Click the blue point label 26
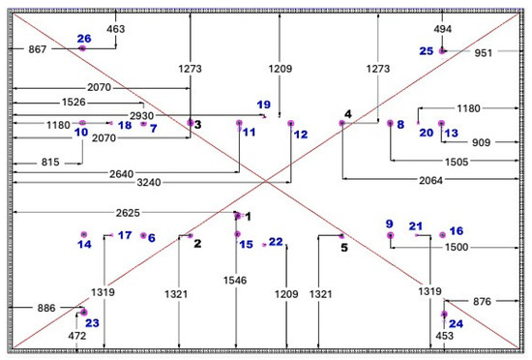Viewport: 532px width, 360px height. (x=84, y=39)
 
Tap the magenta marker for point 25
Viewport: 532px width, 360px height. (x=442, y=51)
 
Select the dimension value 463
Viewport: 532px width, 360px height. (x=116, y=29)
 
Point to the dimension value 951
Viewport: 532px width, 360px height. (x=483, y=53)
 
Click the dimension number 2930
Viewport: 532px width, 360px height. (x=142, y=116)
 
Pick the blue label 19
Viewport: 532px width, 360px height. (x=264, y=105)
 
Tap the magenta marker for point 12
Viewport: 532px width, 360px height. (x=291, y=123)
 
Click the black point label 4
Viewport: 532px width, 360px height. (x=348, y=114)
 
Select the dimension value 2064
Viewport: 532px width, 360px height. (x=430, y=180)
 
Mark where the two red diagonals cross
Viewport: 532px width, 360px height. (x=266, y=182)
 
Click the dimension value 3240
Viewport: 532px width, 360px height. (x=149, y=183)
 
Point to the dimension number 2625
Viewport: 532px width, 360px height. (x=128, y=213)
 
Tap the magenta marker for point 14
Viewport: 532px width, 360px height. (x=84, y=234)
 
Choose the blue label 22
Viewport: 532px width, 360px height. (x=276, y=242)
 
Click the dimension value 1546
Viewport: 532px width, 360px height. (x=235, y=281)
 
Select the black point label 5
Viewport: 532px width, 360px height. (x=344, y=248)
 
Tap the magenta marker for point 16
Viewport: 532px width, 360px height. (x=442, y=235)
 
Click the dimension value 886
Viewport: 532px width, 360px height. (x=46, y=308)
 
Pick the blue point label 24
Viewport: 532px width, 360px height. (x=456, y=323)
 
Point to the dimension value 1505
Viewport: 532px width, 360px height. (x=457, y=162)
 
